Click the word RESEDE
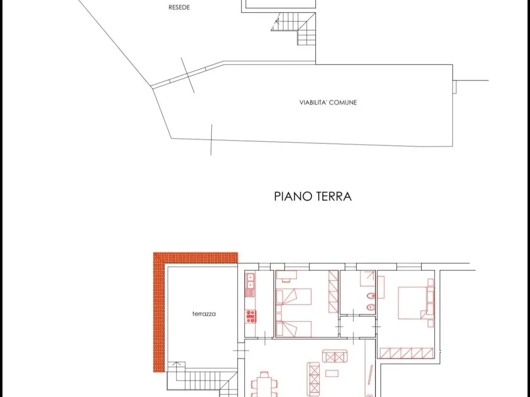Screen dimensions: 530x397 [179, 7]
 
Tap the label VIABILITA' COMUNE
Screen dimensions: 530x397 [328, 103]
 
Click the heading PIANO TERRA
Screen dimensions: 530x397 [313, 196]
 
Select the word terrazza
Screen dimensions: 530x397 [204, 314]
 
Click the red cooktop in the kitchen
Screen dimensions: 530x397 [251, 316]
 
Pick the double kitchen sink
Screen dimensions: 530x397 [251, 281]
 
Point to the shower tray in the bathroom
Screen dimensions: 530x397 [367, 278]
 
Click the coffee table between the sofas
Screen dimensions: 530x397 [332, 373]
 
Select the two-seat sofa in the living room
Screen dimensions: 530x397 [335, 356]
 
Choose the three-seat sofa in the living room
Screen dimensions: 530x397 [313, 379]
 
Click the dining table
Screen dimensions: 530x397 [265, 387]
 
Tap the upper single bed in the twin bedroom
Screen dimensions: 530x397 [294, 297]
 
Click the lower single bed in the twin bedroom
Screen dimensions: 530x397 [294, 328]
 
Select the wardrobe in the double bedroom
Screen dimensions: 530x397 [406, 353]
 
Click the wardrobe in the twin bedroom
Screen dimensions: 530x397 [333, 292]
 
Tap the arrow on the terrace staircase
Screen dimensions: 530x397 [176, 371]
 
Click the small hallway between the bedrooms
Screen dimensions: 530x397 [358, 327]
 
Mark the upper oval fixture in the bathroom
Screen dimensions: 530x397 [371, 296]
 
